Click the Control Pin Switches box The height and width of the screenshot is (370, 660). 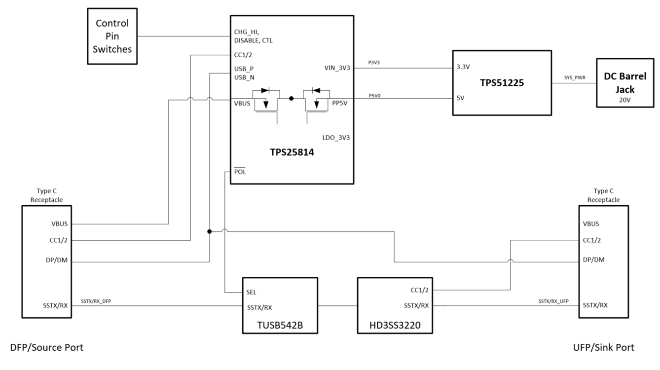pyautogui.click(x=112, y=36)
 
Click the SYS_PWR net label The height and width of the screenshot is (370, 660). pyautogui.click(x=574, y=78)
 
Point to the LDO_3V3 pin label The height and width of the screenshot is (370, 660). pyautogui.click(x=335, y=138)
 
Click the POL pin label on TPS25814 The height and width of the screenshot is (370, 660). pyautogui.click(x=240, y=172)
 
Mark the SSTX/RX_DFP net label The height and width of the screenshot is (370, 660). pyautogui.click(x=96, y=301)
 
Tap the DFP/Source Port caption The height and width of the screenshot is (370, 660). pyautogui.click(x=47, y=348)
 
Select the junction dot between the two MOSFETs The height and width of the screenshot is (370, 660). pyautogui.click(x=292, y=99)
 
